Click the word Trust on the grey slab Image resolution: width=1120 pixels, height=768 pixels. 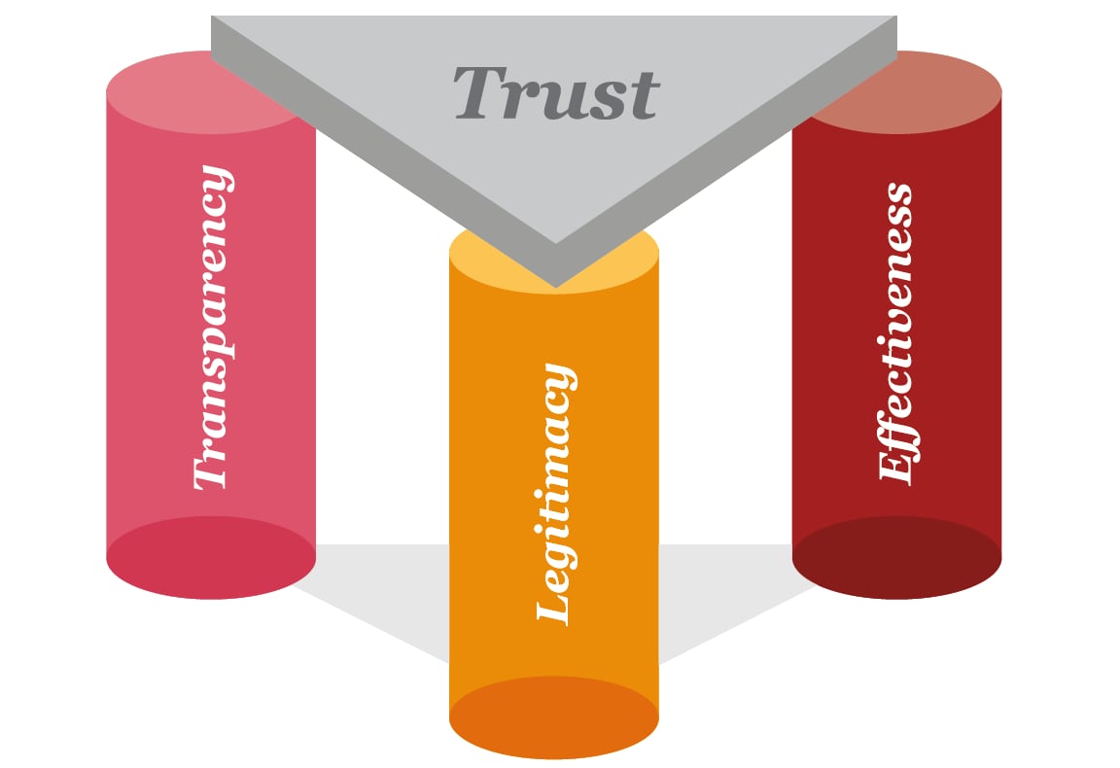click(x=556, y=94)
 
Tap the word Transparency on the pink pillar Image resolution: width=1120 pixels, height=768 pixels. click(x=212, y=329)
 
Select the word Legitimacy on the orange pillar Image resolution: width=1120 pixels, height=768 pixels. click(x=555, y=494)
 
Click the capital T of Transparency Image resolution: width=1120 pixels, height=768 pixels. click(x=211, y=472)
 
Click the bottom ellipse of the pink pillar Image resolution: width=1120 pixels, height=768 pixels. click(x=211, y=558)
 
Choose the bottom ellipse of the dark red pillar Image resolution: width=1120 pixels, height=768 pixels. click(x=896, y=558)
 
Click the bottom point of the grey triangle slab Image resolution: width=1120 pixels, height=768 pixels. click(x=555, y=284)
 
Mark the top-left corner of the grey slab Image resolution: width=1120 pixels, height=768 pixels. click(x=213, y=17)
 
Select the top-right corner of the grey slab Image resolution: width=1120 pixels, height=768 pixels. click(x=895, y=17)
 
